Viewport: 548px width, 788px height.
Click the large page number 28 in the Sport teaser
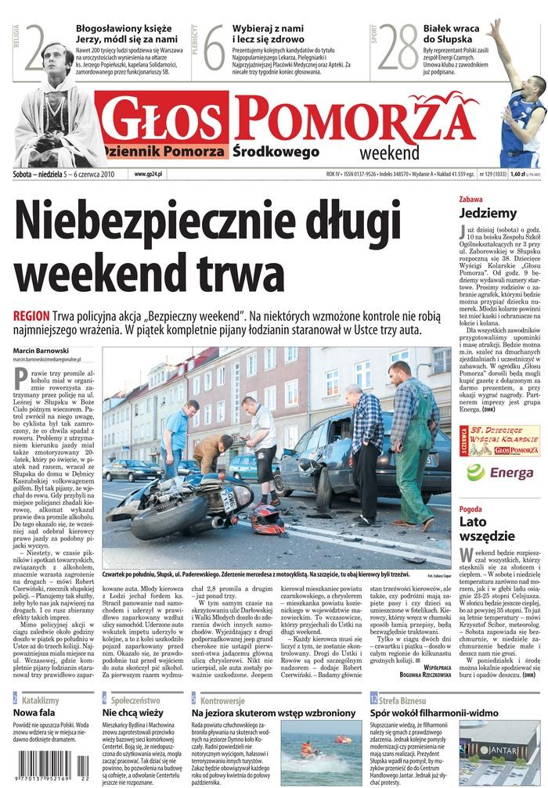(398, 50)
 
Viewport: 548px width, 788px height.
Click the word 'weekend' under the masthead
(390, 152)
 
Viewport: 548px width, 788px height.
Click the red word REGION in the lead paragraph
(31, 315)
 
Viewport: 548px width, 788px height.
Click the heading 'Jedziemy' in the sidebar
(488, 212)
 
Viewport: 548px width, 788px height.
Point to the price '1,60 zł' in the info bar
(520, 174)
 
